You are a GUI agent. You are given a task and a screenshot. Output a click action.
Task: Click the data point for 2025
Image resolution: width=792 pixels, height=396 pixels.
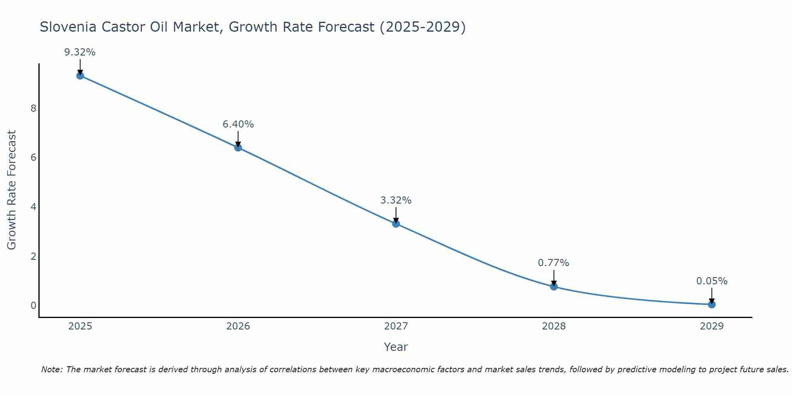[80, 76]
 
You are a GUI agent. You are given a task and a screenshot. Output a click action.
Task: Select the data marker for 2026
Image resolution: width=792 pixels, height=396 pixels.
[238, 148]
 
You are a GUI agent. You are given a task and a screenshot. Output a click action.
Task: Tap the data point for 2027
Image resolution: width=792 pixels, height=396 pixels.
[396, 224]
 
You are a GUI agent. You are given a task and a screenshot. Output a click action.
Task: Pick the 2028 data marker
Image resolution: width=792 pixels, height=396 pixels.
[554, 286]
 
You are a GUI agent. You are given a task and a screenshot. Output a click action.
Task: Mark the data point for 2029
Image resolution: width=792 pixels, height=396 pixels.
[712, 304]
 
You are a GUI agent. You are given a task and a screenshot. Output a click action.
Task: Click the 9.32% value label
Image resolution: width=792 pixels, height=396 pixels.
[80, 52]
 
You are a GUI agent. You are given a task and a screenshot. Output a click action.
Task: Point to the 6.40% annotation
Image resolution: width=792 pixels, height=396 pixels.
[238, 124]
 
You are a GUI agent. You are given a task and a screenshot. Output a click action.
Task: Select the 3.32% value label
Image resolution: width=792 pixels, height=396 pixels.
[396, 200]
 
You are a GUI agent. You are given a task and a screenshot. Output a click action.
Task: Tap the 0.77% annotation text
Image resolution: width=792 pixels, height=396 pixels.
[554, 263]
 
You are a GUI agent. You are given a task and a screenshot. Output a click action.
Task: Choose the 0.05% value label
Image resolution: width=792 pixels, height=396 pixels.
[712, 281]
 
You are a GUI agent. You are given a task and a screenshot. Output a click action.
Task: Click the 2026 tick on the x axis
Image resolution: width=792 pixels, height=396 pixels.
[238, 326]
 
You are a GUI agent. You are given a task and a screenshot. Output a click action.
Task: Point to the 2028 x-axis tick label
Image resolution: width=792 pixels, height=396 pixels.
[554, 326]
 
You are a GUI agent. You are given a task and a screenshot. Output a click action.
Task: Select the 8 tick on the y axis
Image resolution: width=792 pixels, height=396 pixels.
[33, 109]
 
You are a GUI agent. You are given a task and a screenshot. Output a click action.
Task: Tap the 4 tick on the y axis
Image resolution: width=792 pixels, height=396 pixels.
[33, 207]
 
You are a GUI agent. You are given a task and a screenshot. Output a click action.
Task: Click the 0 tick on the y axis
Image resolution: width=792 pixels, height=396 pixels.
[33, 306]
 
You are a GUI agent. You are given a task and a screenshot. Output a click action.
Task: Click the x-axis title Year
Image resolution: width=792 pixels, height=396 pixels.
[396, 347]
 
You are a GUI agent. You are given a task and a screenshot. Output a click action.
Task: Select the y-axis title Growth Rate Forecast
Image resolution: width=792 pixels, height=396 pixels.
[12, 190]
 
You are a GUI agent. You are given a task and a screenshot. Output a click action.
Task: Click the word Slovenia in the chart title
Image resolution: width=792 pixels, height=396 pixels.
[68, 27]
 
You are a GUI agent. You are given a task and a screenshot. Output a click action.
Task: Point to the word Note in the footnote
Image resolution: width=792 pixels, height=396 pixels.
[51, 369]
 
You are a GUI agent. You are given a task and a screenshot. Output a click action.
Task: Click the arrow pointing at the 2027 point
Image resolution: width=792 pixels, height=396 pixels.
[396, 215]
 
